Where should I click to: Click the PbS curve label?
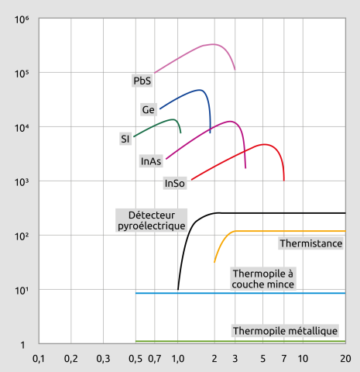coord(142,80)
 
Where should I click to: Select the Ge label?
coord(149,109)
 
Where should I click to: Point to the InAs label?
coord(151,161)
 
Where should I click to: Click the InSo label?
coord(174,184)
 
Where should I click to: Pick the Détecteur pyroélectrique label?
coord(151,220)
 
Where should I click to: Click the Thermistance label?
coord(310,243)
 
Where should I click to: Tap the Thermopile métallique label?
coord(285,331)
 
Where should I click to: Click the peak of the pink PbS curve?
coord(213,44)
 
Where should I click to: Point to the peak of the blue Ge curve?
coord(201,90)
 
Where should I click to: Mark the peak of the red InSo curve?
coord(264,144)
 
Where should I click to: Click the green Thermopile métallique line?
coord(240,341)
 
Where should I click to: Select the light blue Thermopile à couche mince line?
coord(240,293)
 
